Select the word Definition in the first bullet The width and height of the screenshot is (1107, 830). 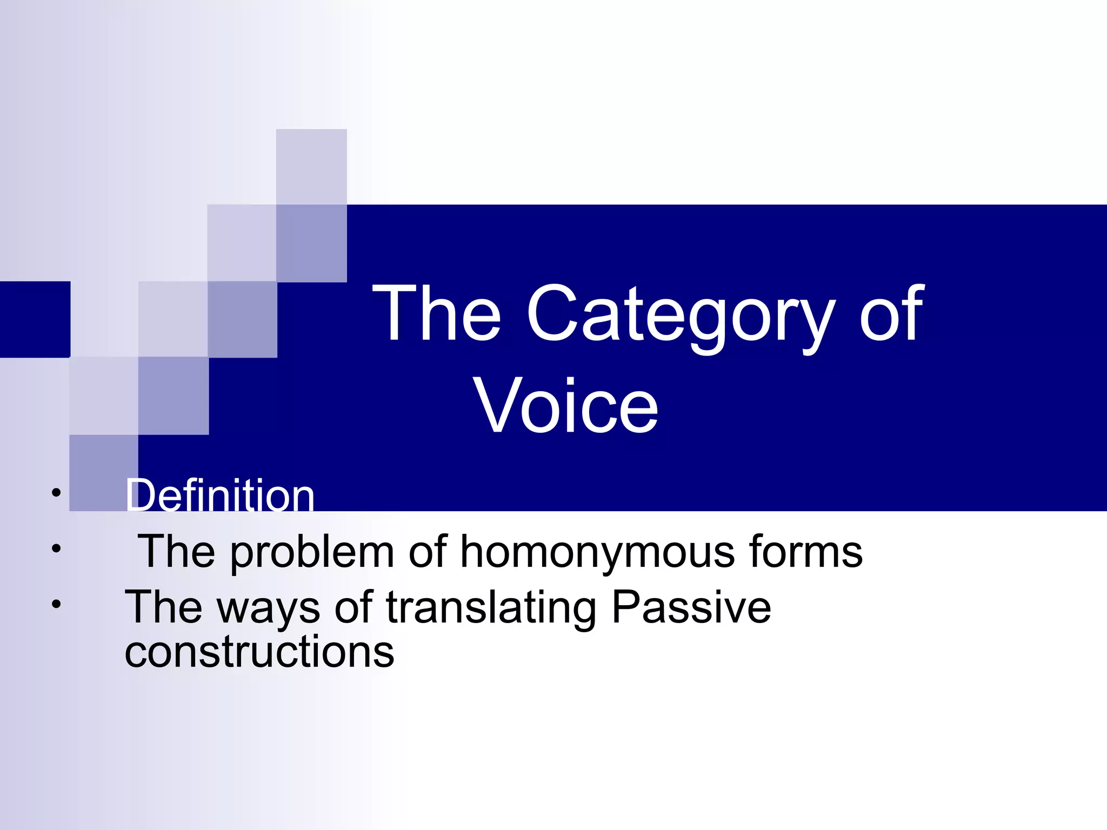point(220,496)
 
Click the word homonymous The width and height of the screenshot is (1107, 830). point(598,552)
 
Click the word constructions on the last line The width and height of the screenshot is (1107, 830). point(259,652)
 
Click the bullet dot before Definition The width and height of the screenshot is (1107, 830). point(56,493)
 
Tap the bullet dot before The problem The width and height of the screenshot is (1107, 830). point(56,549)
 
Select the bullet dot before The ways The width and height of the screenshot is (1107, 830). point(56,604)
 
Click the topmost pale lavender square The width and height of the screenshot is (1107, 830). point(311,166)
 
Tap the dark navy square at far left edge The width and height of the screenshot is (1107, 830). point(35,319)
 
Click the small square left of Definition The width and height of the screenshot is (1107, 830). point(103,473)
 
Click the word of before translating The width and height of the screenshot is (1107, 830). point(354,607)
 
